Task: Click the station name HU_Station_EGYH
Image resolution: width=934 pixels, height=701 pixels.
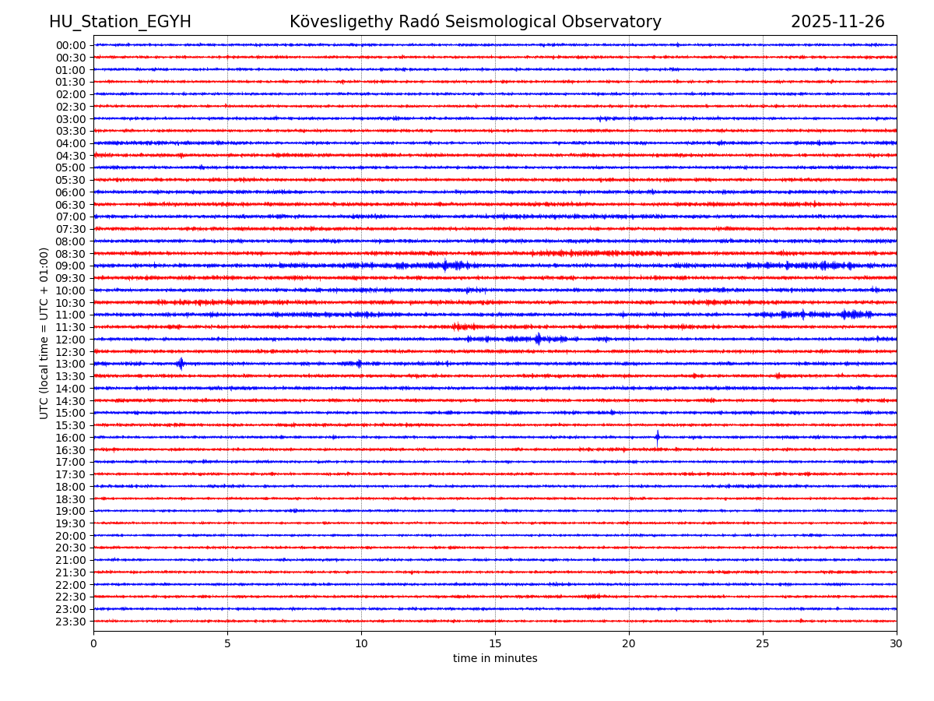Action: pyautogui.click(x=120, y=23)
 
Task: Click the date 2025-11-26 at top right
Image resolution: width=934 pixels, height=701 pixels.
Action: pyautogui.click(x=837, y=23)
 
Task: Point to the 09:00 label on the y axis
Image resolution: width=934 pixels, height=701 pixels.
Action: pyautogui.click(x=71, y=266)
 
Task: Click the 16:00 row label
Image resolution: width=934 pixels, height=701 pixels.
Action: pyautogui.click(x=71, y=438)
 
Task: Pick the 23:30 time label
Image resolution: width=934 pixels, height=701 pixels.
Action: pyautogui.click(x=71, y=622)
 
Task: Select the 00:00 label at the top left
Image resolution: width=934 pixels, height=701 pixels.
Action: pyautogui.click(x=71, y=45)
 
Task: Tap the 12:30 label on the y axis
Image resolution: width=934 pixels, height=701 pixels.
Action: pyautogui.click(x=71, y=352)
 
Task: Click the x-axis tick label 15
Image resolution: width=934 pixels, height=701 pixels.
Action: pyautogui.click(x=495, y=644)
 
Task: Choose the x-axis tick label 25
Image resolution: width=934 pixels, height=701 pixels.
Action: pyautogui.click(x=763, y=644)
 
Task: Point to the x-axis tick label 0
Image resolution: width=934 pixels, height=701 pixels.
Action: pyautogui.click(x=93, y=644)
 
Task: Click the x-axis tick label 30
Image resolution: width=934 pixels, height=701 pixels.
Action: pyautogui.click(x=897, y=644)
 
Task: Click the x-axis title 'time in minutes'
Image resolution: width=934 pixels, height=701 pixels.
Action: pyautogui.click(x=495, y=659)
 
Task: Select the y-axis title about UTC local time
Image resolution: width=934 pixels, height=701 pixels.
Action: pyautogui.click(x=44, y=333)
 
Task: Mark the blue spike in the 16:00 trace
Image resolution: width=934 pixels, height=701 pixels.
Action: pyautogui.click(x=657, y=437)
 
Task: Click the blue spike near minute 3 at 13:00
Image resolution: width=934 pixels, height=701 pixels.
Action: pyautogui.click(x=181, y=364)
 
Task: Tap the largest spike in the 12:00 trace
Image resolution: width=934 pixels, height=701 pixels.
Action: pyautogui.click(x=538, y=339)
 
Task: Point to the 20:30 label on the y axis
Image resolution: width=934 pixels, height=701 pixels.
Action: pyautogui.click(x=71, y=548)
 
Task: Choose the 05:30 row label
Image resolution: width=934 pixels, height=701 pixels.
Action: pyautogui.click(x=71, y=180)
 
